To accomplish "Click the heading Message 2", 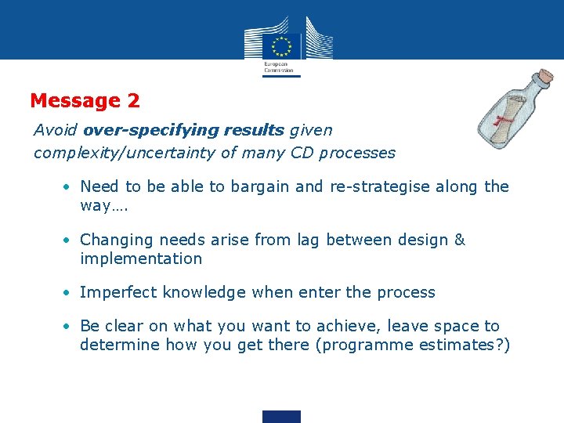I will (x=85, y=101).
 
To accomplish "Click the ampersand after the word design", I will (x=460, y=240).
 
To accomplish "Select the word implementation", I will (x=141, y=258).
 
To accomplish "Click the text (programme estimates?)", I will (x=412, y=345).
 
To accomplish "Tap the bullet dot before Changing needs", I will (x=69, y=240).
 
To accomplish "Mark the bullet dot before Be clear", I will (x=69, y=327).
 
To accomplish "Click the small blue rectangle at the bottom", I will (x=281, y=416).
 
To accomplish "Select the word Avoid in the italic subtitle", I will (x=56, y=129).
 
